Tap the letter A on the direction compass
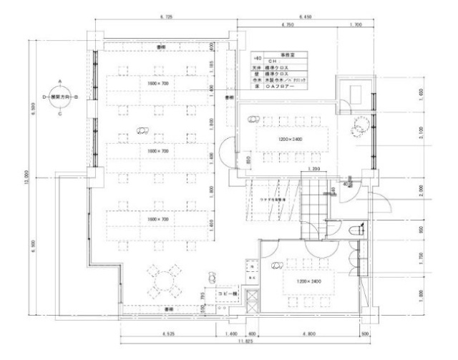(x=60, y=82)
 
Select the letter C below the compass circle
(x=60, y=113)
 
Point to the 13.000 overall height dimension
(x=26, y=177)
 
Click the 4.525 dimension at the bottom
(x=170, y=334)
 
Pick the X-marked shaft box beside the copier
(x=250, y=299)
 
